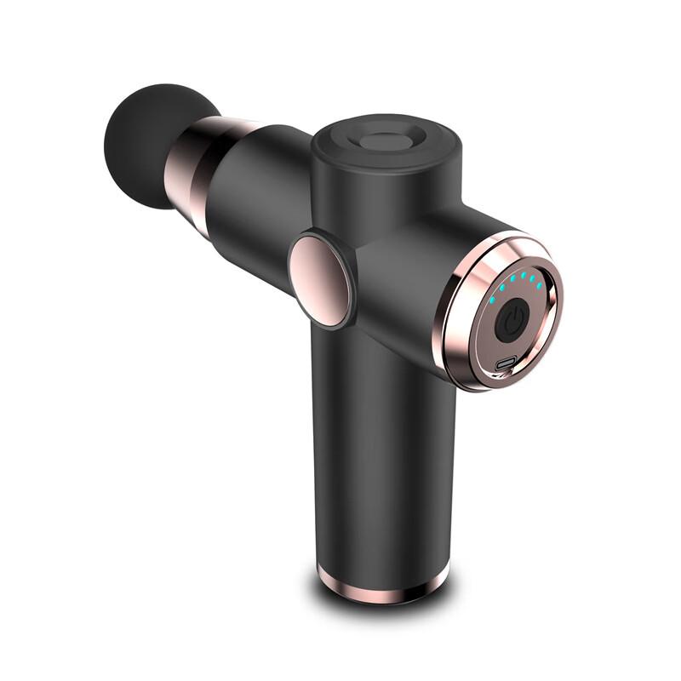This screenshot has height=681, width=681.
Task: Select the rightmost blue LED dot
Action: coord(540,285)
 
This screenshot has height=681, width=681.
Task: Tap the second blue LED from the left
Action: coord(502,288)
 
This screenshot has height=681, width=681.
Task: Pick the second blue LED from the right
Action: coord(533,278)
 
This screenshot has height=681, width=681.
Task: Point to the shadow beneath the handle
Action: coord(383,606)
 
